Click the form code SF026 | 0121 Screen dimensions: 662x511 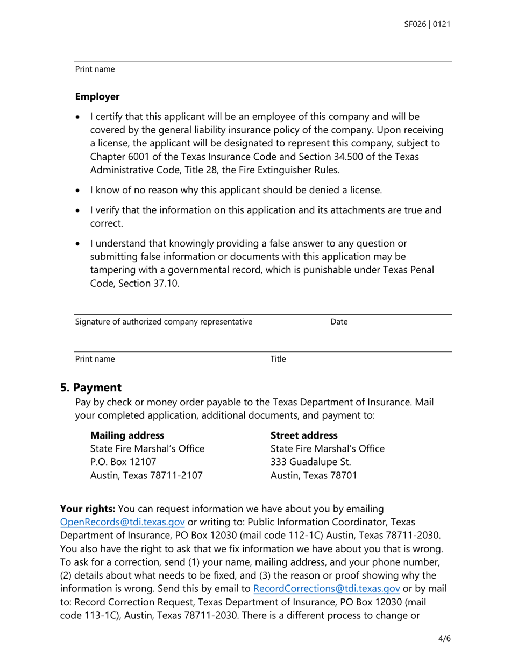(x=428, y=24)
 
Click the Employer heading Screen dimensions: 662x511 (x=97, y=97)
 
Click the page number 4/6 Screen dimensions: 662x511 (x=444, y=639)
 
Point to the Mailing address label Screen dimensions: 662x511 (x=127, y=435)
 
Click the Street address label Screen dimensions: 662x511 (x=304, y=435)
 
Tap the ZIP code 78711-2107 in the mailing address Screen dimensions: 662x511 (x=178, y=475)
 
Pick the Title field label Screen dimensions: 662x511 (x=278, y=359)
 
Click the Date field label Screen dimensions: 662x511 (x=339, y=322)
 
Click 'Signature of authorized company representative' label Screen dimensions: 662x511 (x=164, y=322)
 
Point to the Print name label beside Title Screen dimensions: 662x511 (x=95, y=359)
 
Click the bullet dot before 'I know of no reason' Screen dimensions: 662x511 (x=79, y=191)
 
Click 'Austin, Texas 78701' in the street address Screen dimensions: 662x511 (x=313, y=475)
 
